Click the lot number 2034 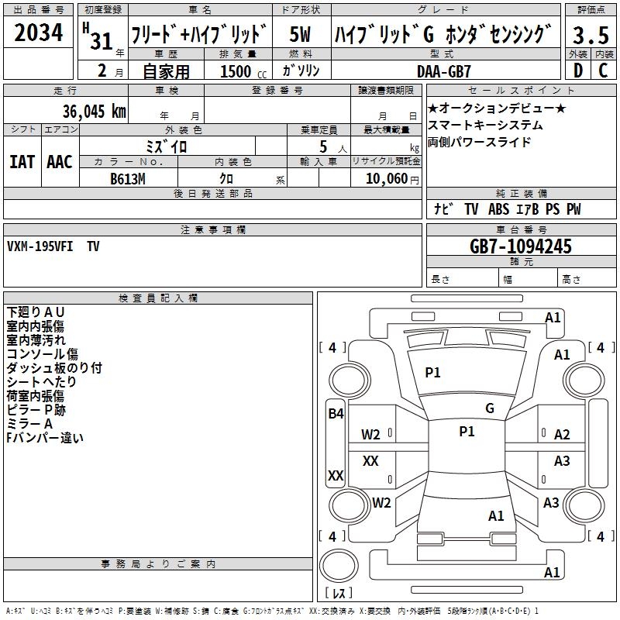pyautogui.click(x=39, y=33)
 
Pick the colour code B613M pyautogui.click(x=129, y=179)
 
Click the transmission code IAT pyautogui.click(x=22, y=161)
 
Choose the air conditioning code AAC pyautogui.click(x=59, y=161)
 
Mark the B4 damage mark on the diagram pyautogui.click(x=335, y=414)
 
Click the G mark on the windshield pyautogui.click(x=490, y=408)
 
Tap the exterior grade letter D pyautogui.click(x=577, y=70)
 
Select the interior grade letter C pyautogui.click(x=603, y=70)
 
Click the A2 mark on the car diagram pyautogui.click(x=562, y=435)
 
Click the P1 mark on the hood pyautogui.click(x=432, y=372)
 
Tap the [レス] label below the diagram pyautogui.click(x=338, y=593)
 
